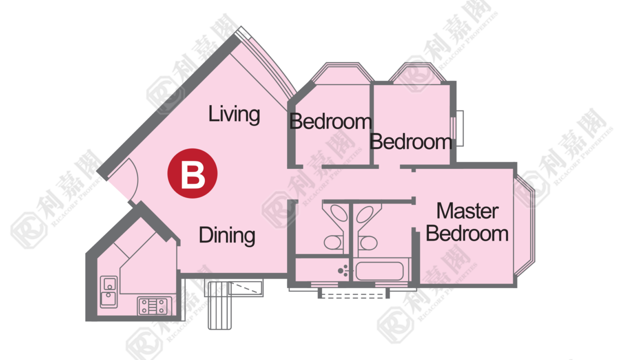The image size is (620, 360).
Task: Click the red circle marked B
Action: click(192, 173)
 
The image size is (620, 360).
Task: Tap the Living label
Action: click(234, 114)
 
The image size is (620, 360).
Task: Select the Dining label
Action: click(227, 235)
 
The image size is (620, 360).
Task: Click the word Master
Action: click(467, 211)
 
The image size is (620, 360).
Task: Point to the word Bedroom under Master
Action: click(467, 234)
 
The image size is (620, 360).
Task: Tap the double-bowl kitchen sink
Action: click(109, 292)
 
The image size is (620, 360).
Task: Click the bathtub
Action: click(379, 271)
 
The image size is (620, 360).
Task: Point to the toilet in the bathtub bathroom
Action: click(368, 243)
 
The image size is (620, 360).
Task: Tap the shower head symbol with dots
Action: click(343, 270)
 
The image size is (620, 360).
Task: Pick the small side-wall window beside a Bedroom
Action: click(458, 128)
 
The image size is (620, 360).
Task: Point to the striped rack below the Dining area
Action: click(219, 306)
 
